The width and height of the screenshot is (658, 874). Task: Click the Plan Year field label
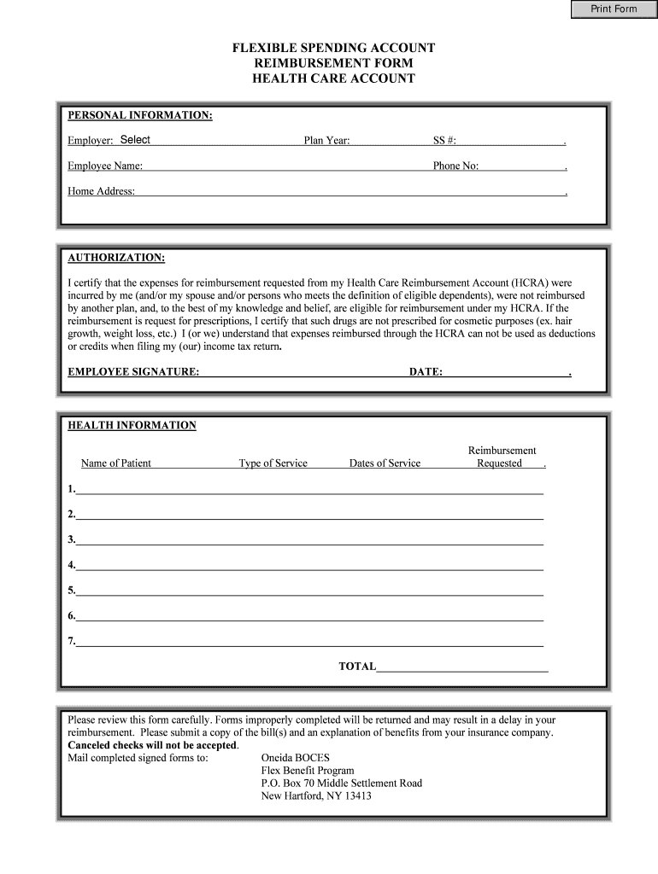tap(326, 141)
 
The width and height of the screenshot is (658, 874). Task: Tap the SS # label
tap(444, 141)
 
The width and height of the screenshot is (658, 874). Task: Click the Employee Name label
tap(105, 166)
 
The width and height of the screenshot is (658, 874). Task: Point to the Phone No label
tap(455, 166)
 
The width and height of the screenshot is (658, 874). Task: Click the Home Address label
tap(102, 191)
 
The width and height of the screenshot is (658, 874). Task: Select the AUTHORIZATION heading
tap(116, 258)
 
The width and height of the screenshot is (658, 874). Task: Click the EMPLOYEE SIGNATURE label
tap(133, 373)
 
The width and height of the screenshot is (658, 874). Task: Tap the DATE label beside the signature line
tap(426, 373)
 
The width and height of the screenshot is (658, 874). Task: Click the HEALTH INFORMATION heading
tap(132, 425)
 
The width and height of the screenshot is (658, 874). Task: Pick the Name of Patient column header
tap(116, 463)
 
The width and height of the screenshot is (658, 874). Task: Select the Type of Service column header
tap(273, 463)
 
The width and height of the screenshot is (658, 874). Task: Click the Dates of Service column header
tap(385, 463)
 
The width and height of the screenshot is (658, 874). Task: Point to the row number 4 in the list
tap(72, 565)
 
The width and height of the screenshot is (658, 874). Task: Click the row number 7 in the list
tap(72, 641)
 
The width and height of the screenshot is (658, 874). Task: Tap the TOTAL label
tap(357, 667)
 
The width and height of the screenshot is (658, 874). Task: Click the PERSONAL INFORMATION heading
tap(140, 115)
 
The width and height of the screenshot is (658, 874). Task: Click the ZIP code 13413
tap(355, 796)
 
